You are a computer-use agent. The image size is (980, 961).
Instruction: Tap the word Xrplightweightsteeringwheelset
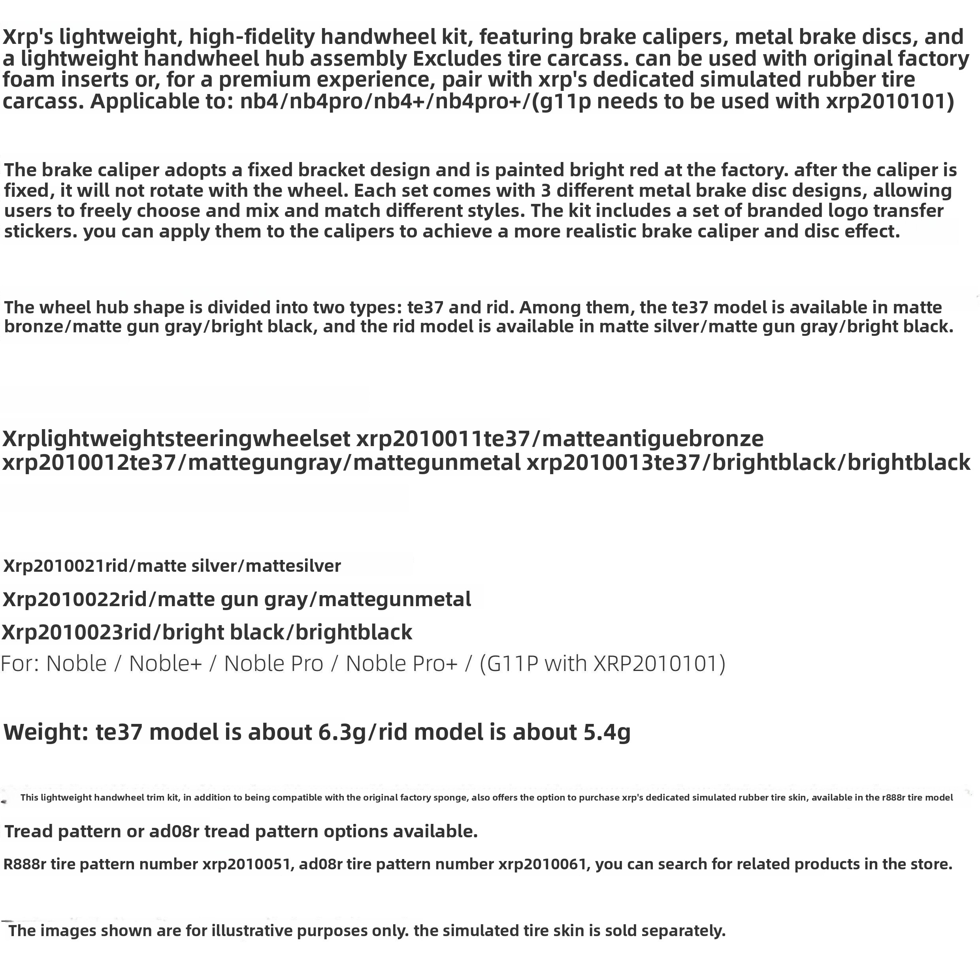[176, 439]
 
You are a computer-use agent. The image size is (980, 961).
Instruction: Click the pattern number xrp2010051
[248, 865]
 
